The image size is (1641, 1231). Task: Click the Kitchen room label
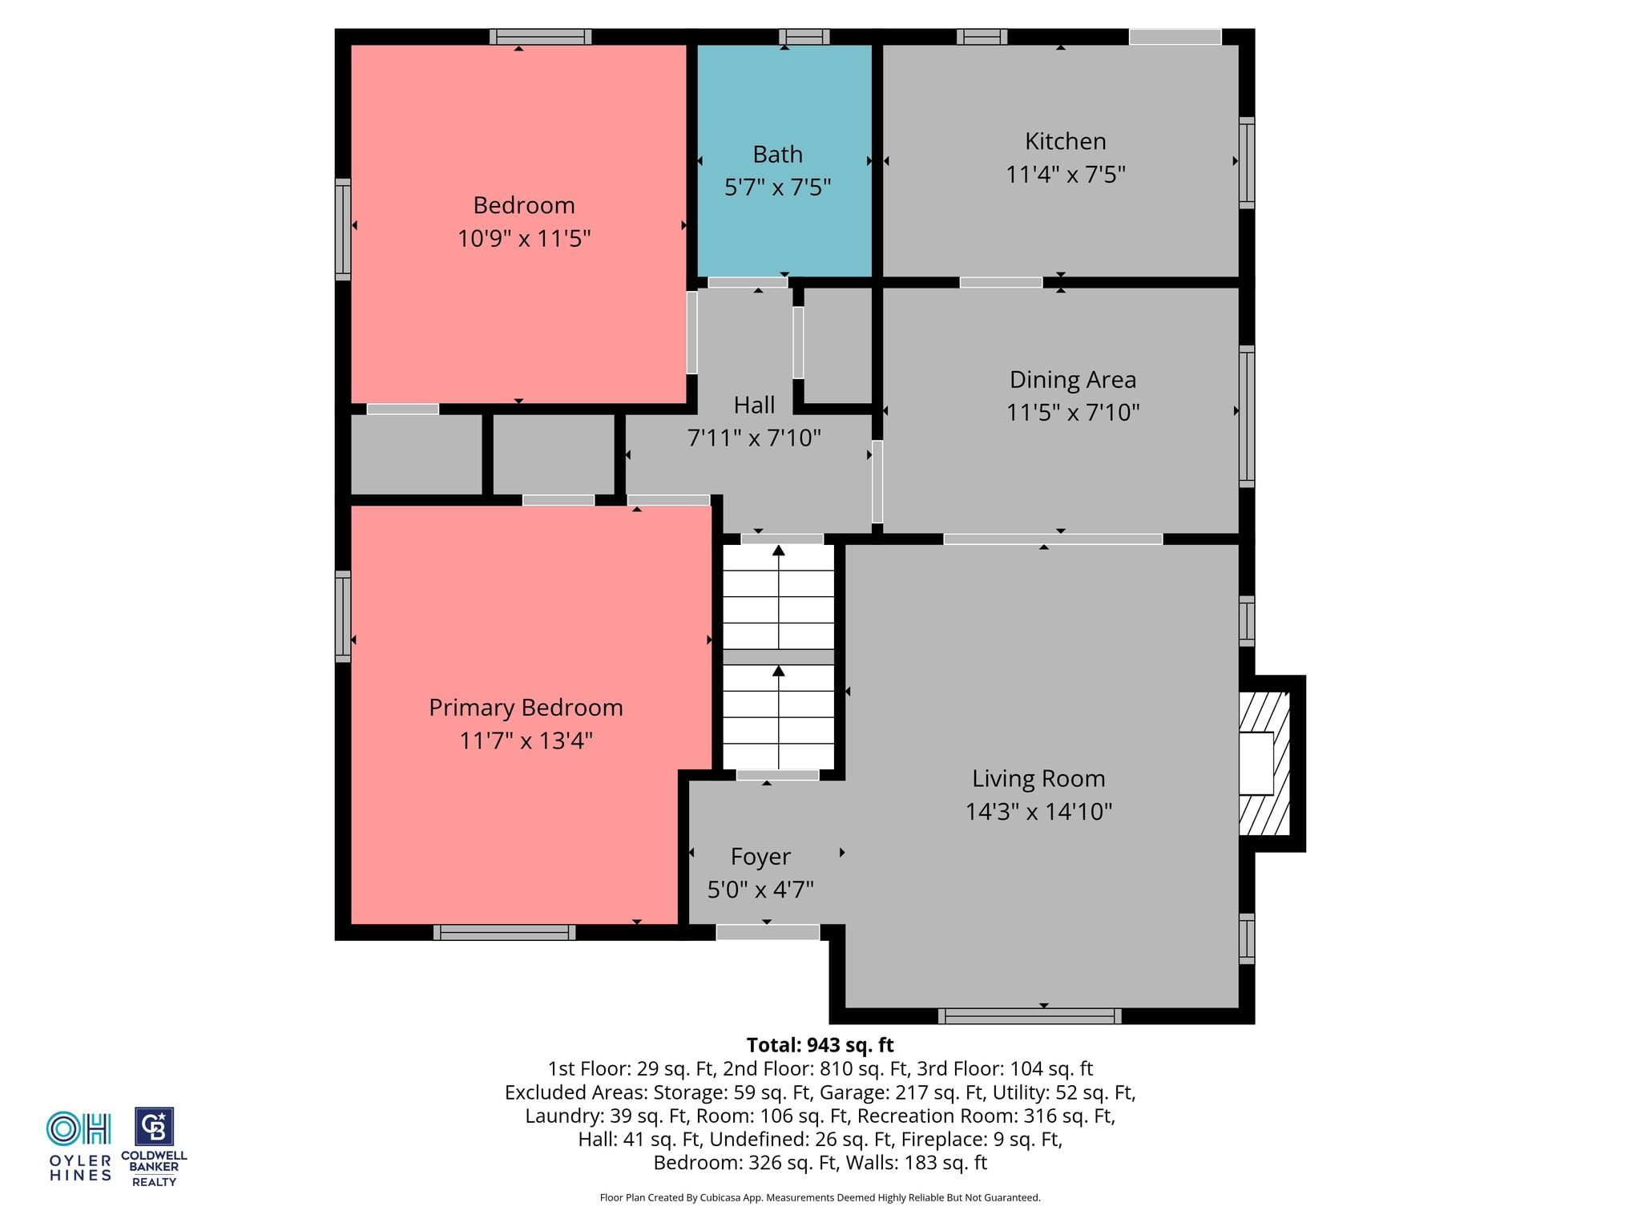click(x=1065, y=141)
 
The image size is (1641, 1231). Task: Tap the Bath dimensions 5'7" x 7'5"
click(x=777, y=188)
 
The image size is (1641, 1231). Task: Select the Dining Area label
click(x=1072, y=379)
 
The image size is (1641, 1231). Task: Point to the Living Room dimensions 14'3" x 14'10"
click(x=1038, y=812)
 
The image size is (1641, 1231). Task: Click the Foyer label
click(x=760, y=857)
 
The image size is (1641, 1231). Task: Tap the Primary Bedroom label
click(x=526, y=708)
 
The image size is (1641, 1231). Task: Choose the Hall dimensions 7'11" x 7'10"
click(x=754, y=438)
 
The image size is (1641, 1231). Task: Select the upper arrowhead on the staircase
click(x=778, y=551)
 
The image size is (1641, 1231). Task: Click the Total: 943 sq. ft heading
click(x=820, y=1045)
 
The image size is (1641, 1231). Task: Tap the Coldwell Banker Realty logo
click(x=154, y=1147)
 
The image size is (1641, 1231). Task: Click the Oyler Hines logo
click(x=79, y=1146)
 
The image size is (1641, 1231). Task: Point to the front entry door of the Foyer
click(x=768, y=932)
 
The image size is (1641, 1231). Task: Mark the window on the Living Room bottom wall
click(x=1030, y=1016)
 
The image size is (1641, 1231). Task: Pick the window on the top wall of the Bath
click(x=804, y=37)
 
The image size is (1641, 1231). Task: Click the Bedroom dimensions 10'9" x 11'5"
click(x=524, y=239)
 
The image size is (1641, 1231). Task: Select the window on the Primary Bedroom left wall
click(x=343, y=616)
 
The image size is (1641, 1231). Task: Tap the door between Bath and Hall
click(x=748, y=282)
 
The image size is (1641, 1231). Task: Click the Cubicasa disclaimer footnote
click(x=820, y=1198)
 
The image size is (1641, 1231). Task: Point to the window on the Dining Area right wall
click(x=1247, y=416)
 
